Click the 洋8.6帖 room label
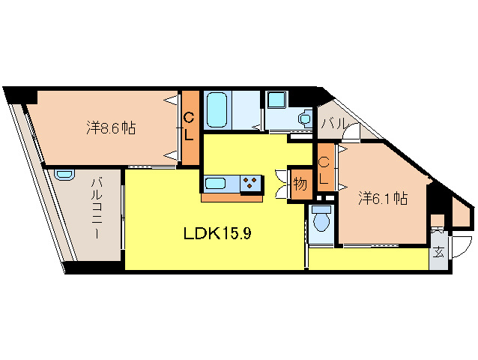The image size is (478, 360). (x=111, y=127)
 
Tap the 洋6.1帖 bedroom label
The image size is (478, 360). (x=382, y=199)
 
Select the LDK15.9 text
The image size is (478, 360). (x=217, y=233)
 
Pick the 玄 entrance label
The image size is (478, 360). (x=438, y=251)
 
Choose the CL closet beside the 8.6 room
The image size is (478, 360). (x=190, y=127)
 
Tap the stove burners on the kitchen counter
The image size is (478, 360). (x=251, y=184)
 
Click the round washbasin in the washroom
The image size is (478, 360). (x=303, y=118)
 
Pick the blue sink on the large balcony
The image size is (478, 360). (x=64, y=174)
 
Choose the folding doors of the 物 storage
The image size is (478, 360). (x=282, y=184)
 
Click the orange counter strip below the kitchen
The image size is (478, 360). (x=232, y=199)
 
